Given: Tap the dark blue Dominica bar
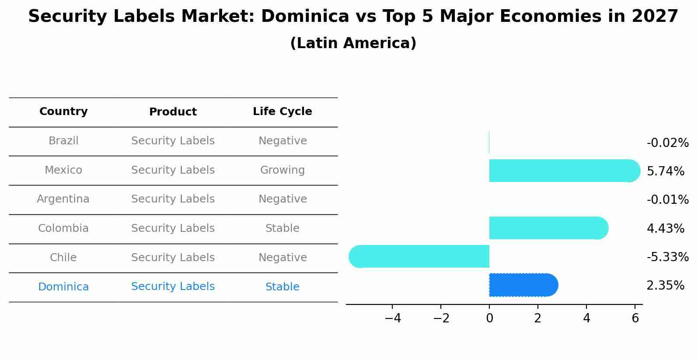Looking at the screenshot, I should coord(523,285).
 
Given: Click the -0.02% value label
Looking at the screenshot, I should coord(667,143).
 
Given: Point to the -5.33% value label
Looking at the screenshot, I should coord(667,257).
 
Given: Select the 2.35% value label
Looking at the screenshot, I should coord(665,286).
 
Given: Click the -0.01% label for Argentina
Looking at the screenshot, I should coord(667,200).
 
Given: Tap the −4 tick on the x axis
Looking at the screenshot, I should coord(392,318).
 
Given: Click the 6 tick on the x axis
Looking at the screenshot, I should coord(635,318).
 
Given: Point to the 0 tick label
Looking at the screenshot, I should coord(489,318).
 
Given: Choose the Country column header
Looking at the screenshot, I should coord(63,112).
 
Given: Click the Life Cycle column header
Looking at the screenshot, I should coord(282,112).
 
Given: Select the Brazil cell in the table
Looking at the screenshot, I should coord(63,141).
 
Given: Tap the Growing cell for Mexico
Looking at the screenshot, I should coord(282,170).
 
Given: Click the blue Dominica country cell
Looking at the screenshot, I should coord(63,287).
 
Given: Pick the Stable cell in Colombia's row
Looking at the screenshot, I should coord(282,228).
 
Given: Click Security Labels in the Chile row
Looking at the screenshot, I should coord(173,258).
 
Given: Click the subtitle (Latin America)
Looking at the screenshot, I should coord(353,43).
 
